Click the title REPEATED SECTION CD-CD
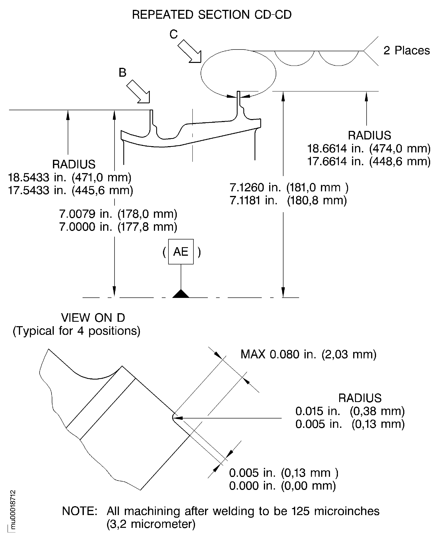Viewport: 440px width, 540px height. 212,15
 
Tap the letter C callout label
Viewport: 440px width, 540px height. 174,34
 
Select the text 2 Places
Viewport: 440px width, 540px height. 406,50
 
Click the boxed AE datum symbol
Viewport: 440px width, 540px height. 181,251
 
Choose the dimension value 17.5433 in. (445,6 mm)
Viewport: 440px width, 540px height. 71,190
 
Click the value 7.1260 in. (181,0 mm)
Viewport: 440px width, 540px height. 289,188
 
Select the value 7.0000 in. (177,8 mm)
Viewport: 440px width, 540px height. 118,227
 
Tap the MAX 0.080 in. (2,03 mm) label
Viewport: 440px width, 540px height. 308,354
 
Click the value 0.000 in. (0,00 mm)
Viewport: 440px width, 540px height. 282,486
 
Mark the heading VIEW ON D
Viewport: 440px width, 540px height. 93,318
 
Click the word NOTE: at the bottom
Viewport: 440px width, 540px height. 80,511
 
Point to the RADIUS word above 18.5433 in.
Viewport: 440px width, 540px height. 74,164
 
